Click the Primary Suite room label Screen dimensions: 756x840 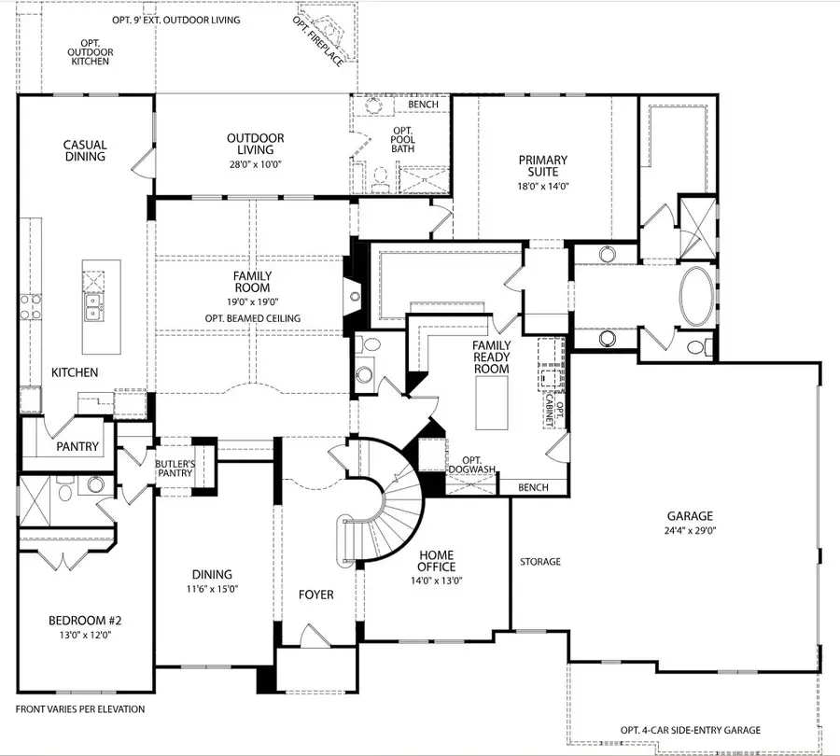(543, 166)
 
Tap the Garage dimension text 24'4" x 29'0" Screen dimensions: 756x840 (690, 531)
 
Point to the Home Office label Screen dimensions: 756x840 (436, 560)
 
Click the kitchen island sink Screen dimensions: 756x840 (93, 307)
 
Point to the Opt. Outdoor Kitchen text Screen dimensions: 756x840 (89, 51)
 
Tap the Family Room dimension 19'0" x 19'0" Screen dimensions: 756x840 (252, 301)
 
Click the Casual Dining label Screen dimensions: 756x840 (85, 150)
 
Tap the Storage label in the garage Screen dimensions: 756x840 (540, 562)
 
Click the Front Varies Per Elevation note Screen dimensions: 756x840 (80, 709)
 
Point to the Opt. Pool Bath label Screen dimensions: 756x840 (402, 141)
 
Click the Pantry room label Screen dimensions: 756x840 (77, 446)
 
